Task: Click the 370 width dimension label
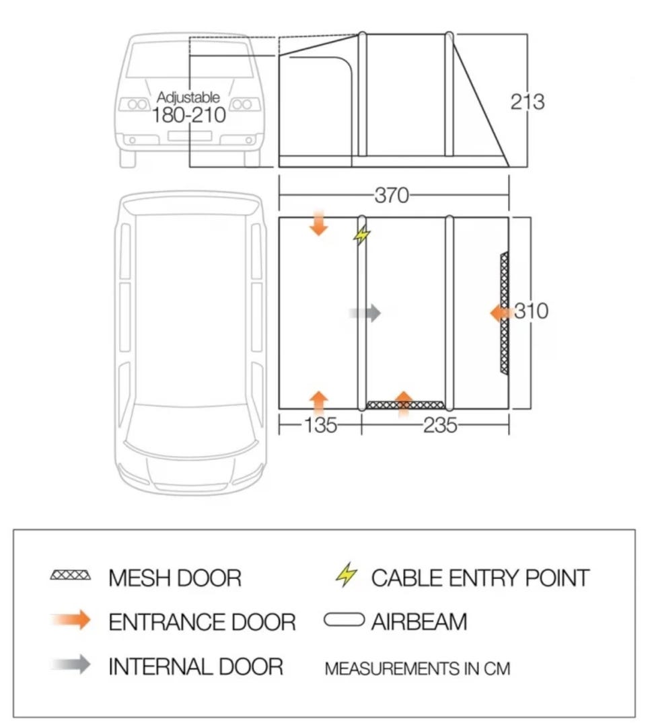[x=392, y=195]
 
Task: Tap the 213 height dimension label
[x=528, y=102]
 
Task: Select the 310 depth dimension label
[x=532, y=311]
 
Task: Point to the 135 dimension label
[x=320, y=425]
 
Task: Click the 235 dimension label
[x=440, y=425]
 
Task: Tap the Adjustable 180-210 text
[x=189, y=108]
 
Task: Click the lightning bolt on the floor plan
[x=361, y=235]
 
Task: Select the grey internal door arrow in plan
[x=365, y=313]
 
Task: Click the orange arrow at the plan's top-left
[x=318, y=223]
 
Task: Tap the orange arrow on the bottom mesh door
[x=404, y=404]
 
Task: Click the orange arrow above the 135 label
[x=318, y=404]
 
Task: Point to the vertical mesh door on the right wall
[x=504, y=313]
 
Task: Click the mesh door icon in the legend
[x=71, y=576]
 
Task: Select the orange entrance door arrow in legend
[x=71, y=620]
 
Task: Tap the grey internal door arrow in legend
[x=71, y=664]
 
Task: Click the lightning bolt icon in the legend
[x=346, y=574]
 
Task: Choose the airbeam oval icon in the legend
[x=344, y=619]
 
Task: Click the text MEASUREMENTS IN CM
[x=417, y=669]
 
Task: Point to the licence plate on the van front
[x=190, y=136]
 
